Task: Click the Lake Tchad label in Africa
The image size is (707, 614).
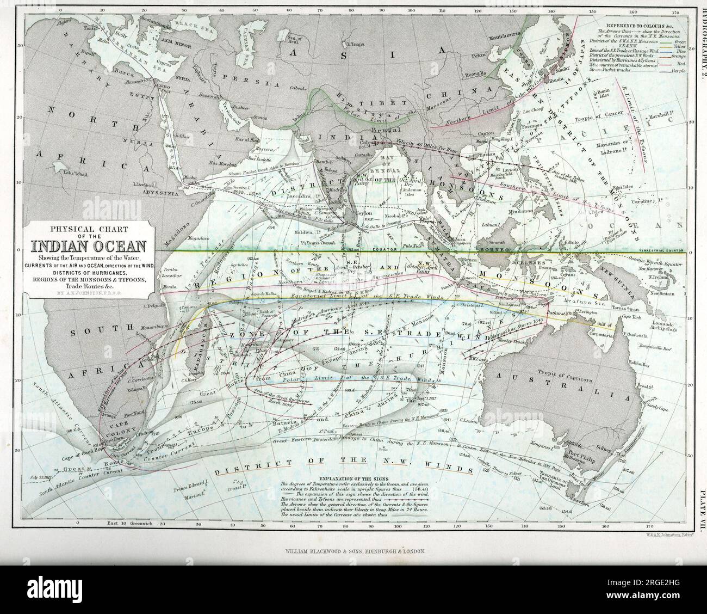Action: [75, 173]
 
